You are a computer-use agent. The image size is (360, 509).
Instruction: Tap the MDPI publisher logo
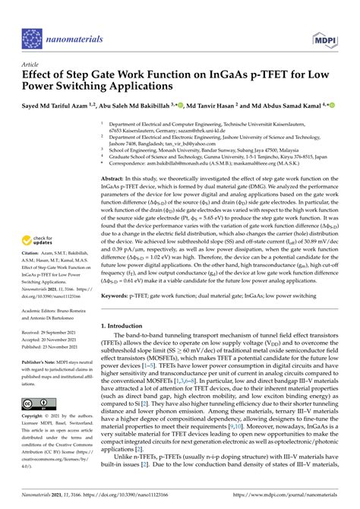coord(324,38)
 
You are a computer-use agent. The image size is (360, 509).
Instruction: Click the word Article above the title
coord(30,65)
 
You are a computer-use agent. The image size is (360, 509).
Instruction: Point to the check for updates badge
coord(44,224)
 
